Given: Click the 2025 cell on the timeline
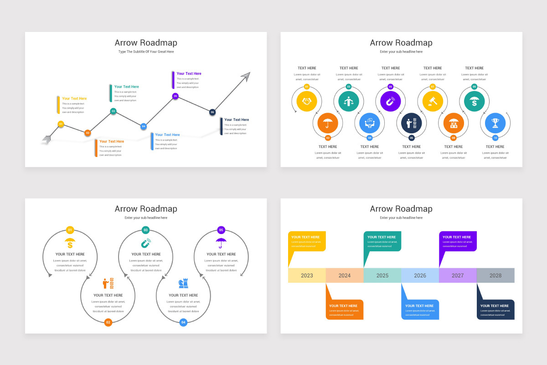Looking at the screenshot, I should pos(382,276).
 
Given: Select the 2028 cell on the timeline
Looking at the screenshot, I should pos(495,276).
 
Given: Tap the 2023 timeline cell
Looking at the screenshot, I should pos(307,276).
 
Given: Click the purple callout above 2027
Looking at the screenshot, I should pos(458,241).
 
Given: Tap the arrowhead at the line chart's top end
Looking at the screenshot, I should pos(246,77).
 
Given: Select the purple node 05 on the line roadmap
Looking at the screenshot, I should pos(175,96).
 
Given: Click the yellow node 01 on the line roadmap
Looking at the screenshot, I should pos(61,124).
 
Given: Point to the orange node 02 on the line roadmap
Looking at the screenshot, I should pos(88,133).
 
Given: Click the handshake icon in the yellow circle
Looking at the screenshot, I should pos(307,101).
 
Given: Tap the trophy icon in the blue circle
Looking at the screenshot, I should pos(495,123).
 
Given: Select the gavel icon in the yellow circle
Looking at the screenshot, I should pos(433,101).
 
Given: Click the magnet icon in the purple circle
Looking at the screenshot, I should pos(390,101).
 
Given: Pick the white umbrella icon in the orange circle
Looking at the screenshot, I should pos(328,123).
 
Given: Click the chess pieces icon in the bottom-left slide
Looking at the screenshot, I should pos(183,283).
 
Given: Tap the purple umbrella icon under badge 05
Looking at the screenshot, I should pos(221,242).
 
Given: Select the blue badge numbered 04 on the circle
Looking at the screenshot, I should pos(183,322).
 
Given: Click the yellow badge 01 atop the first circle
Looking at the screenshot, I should pos(70,230).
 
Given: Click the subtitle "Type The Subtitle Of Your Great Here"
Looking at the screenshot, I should pos(146,52).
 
